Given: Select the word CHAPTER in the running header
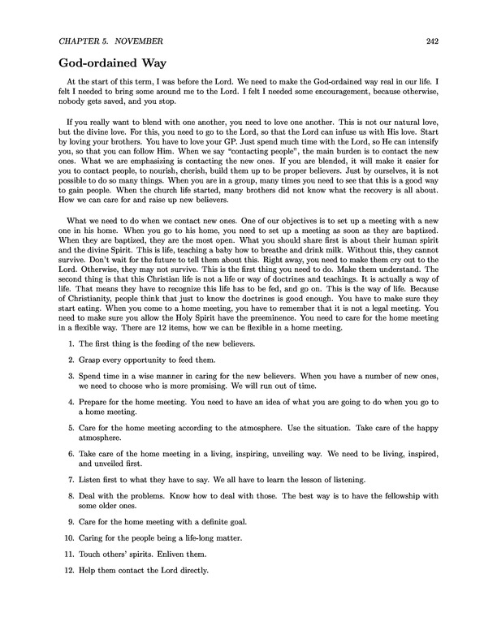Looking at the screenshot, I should click(x=84, y=40).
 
